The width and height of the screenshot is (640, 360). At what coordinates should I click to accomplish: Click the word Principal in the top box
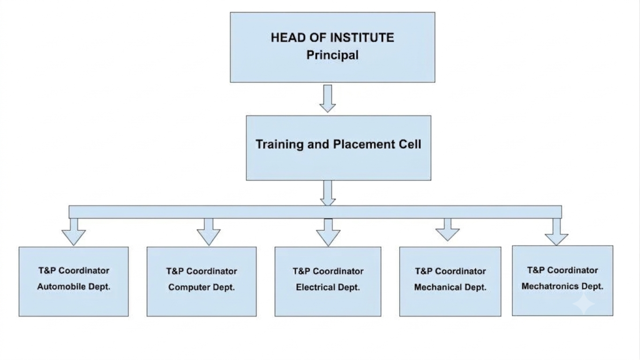click(332, 55)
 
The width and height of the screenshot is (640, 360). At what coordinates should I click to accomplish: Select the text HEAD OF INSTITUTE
click(332, 37)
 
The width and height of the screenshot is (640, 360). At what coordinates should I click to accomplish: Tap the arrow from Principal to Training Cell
click(327, 98)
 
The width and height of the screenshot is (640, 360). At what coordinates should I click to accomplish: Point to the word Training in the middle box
click(279, 144)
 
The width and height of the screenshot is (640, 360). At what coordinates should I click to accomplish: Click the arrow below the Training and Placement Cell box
click(327, 193)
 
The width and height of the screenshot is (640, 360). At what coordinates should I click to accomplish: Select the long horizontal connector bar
click(315, 212)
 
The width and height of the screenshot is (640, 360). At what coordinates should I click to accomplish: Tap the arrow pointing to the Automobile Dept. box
click(74, 232)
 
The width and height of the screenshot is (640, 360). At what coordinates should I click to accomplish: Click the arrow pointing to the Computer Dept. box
click(209, 232)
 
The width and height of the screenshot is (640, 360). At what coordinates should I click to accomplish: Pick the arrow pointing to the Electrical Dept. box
click(328, 232)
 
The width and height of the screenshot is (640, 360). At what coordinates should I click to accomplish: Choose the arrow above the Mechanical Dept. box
click(447, 229)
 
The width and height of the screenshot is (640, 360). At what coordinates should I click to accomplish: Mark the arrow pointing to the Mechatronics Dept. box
click(556, 232)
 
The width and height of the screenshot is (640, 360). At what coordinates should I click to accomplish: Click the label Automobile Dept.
click(74, 286)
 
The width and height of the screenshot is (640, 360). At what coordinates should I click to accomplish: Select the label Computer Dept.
click(202, 287)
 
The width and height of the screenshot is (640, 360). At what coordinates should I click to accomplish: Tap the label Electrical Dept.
click(327, 287)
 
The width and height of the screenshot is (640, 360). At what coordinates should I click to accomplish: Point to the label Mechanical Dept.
click(450, 287)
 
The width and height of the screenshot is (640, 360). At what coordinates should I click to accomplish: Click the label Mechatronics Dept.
click(562, 286)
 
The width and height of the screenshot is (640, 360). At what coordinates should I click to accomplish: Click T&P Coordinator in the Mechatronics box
click(562, 270)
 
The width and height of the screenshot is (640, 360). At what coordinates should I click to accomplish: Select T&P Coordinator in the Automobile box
click(74, 271)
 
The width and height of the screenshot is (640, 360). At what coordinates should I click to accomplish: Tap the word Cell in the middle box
click(407, 144)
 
